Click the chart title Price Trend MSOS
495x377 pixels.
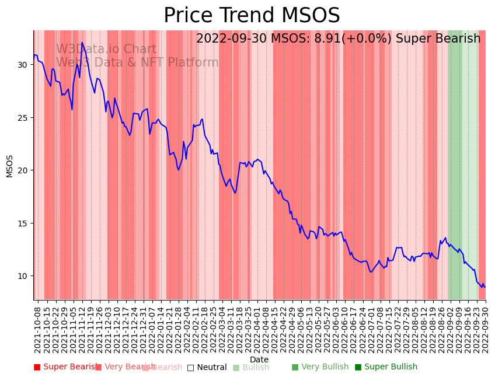(x=252, y=16)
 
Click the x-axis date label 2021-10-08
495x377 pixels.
(x=38, y=327)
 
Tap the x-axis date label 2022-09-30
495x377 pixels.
(x=484, y=327)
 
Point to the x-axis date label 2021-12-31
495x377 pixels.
(x=143, y=327)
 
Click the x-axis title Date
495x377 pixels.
(x=259, y=360)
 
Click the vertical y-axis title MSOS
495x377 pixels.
(x=9, y=166)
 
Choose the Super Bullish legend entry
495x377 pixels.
(x=386, y=367)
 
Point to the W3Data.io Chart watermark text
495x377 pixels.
(x=106, y=50)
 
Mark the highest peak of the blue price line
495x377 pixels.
(x=82, y=42)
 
